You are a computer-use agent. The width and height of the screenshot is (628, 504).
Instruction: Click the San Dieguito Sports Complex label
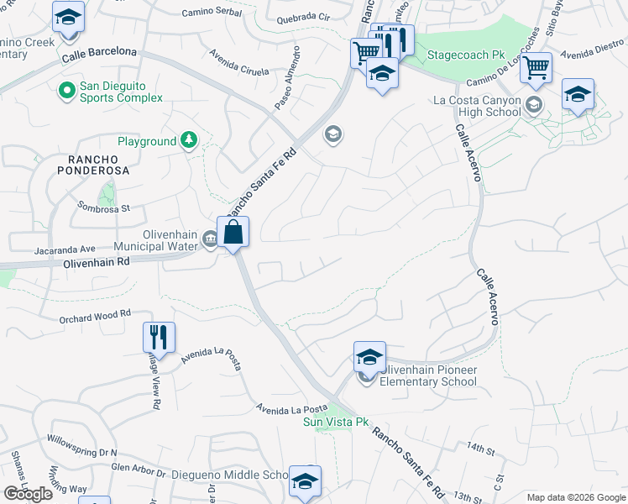tap(121, 92)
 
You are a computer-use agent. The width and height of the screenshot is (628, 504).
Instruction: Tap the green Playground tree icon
tap(191, 141)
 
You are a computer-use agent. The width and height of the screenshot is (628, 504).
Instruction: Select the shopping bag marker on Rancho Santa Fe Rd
tap(233, 233)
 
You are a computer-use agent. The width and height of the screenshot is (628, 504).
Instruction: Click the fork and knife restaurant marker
tap(159, 338)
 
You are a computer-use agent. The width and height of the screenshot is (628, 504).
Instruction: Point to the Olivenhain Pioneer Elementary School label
tap(427, 375)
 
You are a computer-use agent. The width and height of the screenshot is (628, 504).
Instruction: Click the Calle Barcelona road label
tap(99, 55)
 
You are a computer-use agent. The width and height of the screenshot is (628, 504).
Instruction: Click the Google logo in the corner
tap(27, 494)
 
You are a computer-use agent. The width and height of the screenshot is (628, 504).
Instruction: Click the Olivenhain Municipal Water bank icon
tap(209, 241)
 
